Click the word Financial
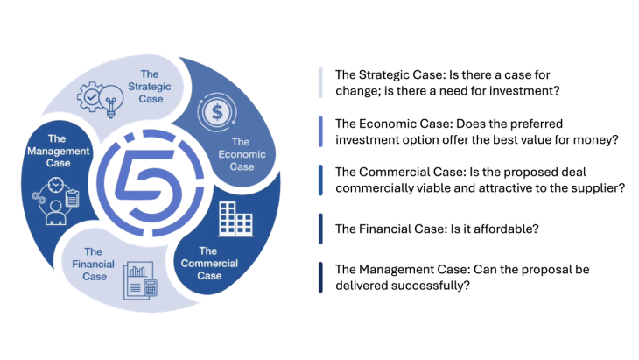[x=88, y=264]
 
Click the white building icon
[x=235, y=217]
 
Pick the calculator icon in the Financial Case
[x=150, y=286]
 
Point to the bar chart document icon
[x=135, y=278]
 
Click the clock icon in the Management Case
[x=56, y=187]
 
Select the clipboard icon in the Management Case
[x=73, y=199]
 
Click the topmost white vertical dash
[x=320, y=81]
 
